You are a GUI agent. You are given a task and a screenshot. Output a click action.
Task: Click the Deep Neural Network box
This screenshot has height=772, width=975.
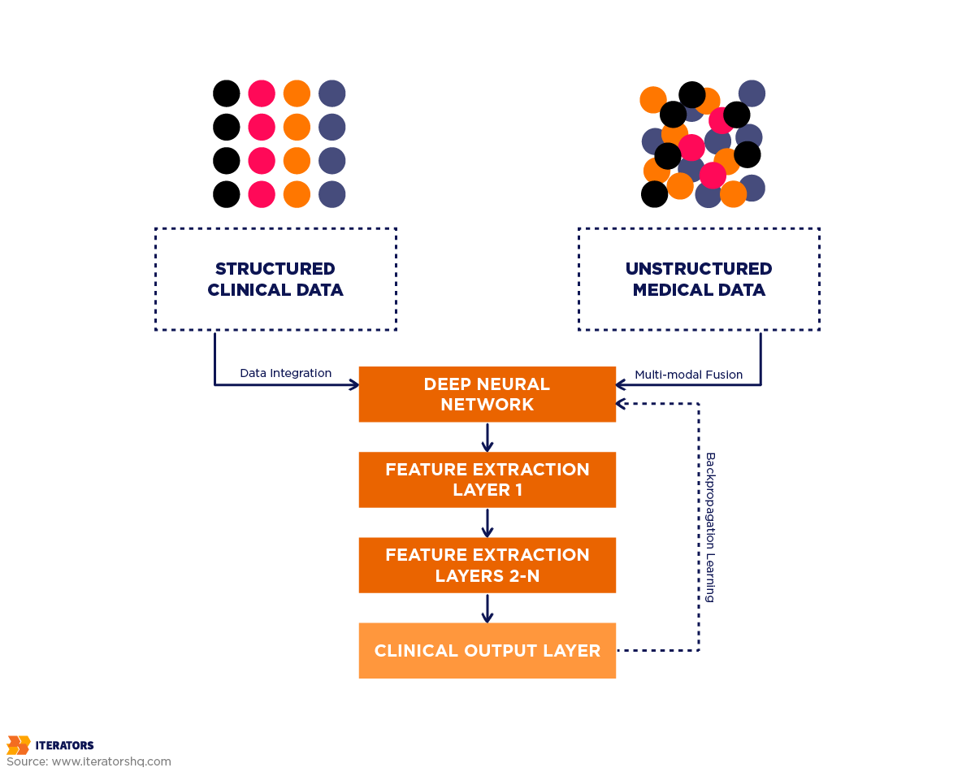tap(487, 394)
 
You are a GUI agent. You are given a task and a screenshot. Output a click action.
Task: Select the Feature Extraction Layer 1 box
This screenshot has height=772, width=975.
tap(487, 479)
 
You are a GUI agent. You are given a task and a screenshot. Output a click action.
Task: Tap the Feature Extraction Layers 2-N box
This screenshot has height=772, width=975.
tap(487, 565)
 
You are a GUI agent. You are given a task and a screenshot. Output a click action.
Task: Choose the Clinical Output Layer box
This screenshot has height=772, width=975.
tap(487, 650)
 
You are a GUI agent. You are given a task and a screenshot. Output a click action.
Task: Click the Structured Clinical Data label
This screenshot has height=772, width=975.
tap(275, 279)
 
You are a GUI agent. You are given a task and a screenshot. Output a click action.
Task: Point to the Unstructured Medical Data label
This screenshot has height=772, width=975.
tap(699, 279)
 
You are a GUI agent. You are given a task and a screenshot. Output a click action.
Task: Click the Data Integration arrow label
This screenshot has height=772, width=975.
tap(285, 373)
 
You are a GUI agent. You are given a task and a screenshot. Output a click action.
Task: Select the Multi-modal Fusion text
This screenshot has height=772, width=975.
tap(689, 375)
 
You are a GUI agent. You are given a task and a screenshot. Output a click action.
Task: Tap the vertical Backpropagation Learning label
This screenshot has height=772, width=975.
tap(709, 527)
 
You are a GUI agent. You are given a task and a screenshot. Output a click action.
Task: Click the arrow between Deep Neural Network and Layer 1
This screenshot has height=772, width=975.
tap(487, 437)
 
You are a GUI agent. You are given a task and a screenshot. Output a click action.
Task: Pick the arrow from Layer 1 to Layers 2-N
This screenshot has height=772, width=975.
tap(487, 523)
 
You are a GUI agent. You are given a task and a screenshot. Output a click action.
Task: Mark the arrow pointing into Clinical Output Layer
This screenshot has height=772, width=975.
tap(487, 608)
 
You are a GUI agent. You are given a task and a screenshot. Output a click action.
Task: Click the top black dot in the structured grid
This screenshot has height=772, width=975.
tap(227, 93)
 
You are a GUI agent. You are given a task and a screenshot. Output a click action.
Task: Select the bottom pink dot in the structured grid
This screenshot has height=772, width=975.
tap(262, 194)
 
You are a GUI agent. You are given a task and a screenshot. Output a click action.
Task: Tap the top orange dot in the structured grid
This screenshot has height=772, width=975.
tap(297, 93)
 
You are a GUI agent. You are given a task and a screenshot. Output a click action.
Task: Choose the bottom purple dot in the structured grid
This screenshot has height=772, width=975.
tap(331, 194)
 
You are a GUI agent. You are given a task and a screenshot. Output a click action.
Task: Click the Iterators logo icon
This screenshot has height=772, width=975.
tap(18, 744)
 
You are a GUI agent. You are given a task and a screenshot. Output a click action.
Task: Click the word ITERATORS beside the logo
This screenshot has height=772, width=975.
tap(64, 745)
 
